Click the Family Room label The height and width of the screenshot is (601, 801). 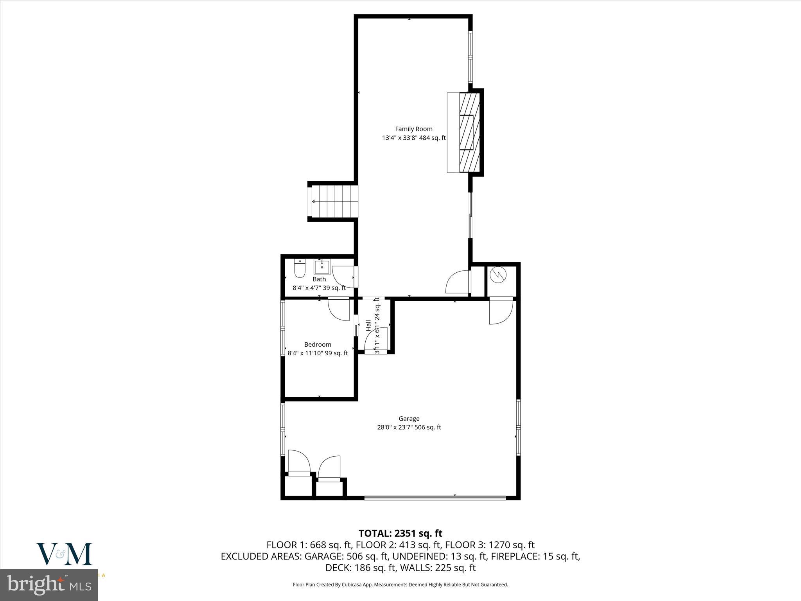click(413, 129)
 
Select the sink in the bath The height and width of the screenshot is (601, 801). click(322, 267)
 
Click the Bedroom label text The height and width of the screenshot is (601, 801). click(318, 344)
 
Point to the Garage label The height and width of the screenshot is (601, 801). click(409, 418)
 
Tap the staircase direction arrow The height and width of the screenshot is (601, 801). click(314, 202)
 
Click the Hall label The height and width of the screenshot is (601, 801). click(368, 326)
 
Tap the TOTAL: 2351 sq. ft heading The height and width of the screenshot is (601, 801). click(400, 533)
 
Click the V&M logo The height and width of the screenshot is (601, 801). click(64, 554)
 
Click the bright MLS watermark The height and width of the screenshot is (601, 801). click(49, 585)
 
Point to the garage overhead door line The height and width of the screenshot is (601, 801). click(435, 498)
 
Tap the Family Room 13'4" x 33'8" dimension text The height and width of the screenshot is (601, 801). click(413, 138)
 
